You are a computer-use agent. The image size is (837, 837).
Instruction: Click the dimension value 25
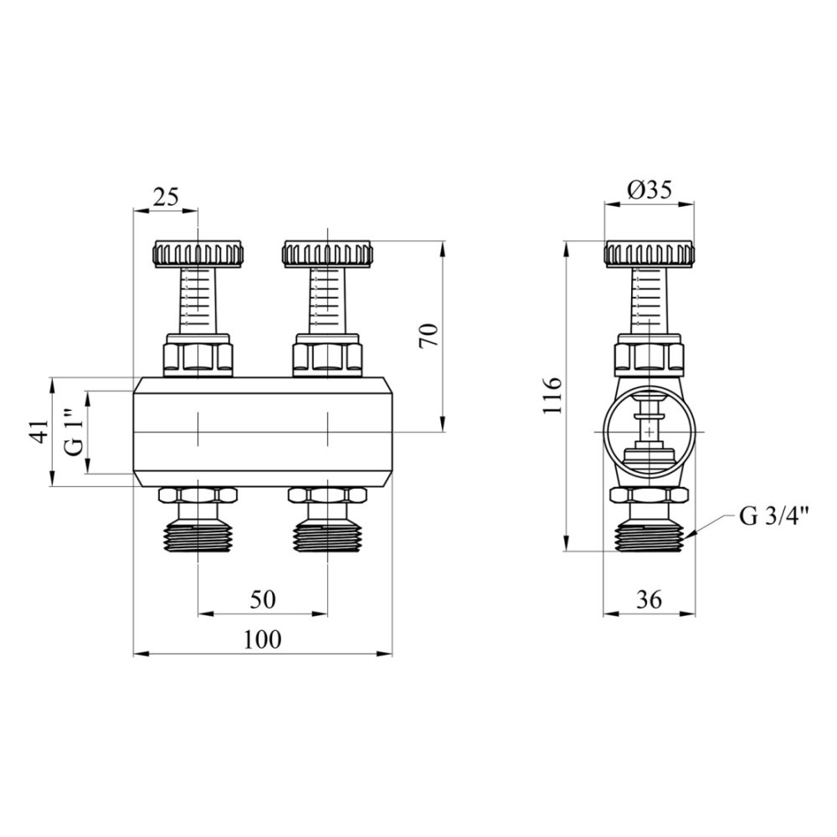point(166,198)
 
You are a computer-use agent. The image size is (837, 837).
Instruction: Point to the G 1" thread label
point(73,431)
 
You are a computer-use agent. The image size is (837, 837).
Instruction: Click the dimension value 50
point(263,599)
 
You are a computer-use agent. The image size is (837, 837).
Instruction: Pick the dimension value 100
point(262,639)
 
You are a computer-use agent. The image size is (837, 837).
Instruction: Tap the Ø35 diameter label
point(650,189)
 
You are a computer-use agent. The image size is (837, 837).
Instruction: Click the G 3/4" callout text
point(774,516)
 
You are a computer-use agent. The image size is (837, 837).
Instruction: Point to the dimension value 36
point(650,599)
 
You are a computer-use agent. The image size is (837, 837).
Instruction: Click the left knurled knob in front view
point(198,254)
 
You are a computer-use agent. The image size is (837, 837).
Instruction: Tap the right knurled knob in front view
point(327,254)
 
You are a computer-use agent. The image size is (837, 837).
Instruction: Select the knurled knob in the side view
point(650,254)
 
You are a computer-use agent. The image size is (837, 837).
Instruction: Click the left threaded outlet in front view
point(198,537)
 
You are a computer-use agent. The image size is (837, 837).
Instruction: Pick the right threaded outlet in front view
point(327,537)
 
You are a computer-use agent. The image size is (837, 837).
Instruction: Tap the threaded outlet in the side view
point(650,537)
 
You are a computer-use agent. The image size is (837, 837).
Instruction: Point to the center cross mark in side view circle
point(650,431)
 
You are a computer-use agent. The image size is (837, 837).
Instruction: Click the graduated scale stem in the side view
point(650,300)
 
